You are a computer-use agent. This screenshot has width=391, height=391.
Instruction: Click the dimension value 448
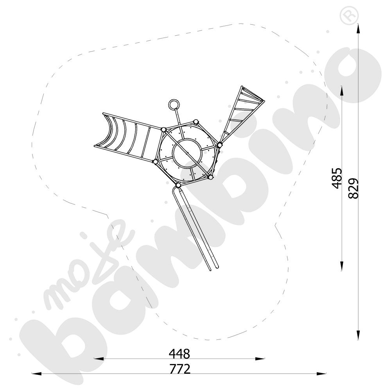coord(179,353)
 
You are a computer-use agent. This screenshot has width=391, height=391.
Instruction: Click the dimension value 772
coord(180,369)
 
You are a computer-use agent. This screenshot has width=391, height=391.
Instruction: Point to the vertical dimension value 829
coord(353,188)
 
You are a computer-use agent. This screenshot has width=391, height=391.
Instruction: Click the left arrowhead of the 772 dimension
coord(36,373)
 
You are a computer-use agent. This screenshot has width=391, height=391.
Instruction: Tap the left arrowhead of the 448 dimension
coord(99,359)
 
